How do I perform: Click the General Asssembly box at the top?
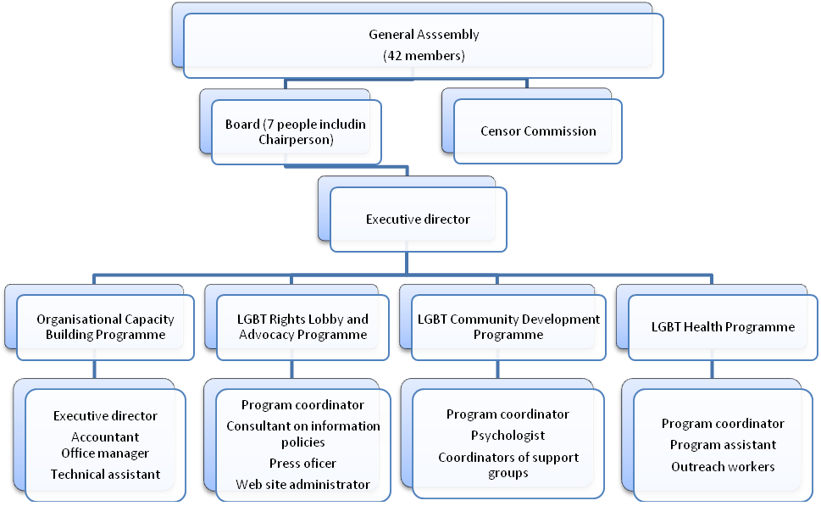(423, 46)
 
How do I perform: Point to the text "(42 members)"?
(424, 56)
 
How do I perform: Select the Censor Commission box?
(538, 131)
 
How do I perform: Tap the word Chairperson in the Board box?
(296, 140)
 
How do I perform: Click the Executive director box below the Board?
(419, 219)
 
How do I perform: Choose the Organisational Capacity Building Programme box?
(105, 327)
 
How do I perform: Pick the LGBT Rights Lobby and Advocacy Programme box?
(302, 327)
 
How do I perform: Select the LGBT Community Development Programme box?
(508, 327)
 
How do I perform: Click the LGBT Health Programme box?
(723, 327)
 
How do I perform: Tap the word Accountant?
(105, 436)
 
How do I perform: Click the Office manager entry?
(105, 453)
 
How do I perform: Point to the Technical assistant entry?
(105, 474)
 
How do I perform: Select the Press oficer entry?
(302, 463)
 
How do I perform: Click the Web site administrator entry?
(302, 485)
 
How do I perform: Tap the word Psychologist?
(508, 436)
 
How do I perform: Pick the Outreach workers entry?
(723, 466)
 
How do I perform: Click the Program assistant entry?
(723, 445)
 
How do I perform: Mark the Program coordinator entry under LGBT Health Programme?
(723, 423)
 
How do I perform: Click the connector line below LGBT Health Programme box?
(712, 370)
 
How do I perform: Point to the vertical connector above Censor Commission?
(527, 84)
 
